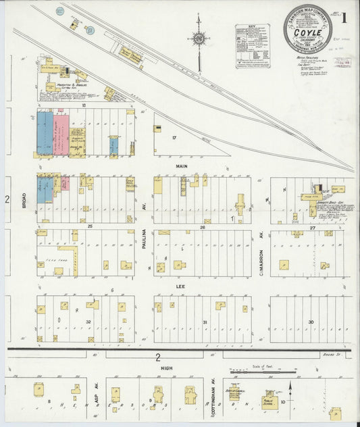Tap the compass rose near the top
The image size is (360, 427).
(199, 39)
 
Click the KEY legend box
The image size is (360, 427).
(252, 45)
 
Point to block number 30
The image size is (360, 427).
(311, 322)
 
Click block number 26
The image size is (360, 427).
(202, 228)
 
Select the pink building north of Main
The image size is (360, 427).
(61, 134)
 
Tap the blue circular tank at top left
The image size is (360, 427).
(60, 11)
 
